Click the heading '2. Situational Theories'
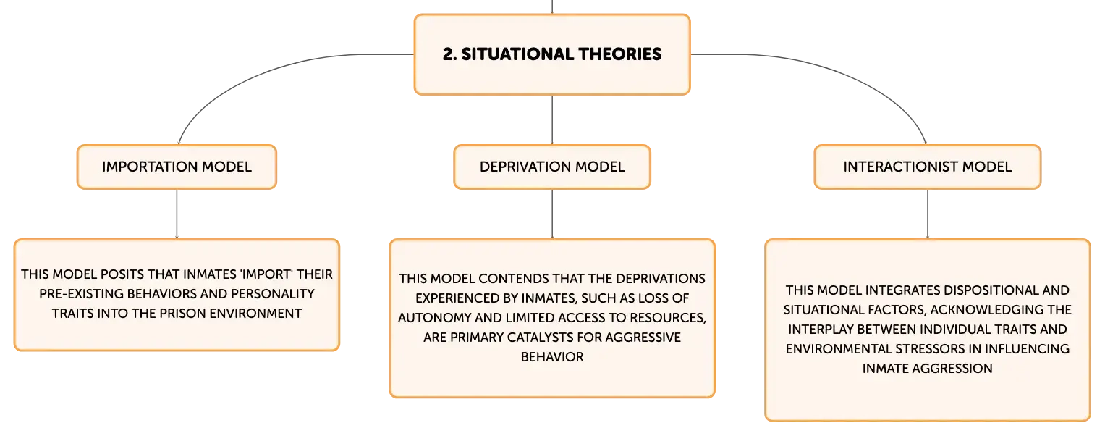tap(552, 54)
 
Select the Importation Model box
tap(177, 167)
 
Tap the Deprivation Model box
tap(552, 167)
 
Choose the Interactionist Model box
tap(928, 167)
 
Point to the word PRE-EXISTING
tap(81, 294)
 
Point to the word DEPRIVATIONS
tap(661, 279)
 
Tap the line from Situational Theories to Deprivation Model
tap(552, 120)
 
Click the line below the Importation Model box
tap(177, 214)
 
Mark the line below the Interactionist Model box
tap(928, 214)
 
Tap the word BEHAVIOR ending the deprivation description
tap(552, 357)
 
